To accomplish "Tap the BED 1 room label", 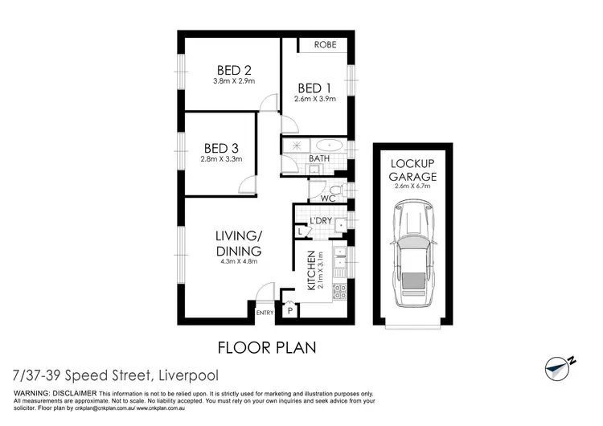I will [314, 87].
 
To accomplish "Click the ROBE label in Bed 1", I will [325, 44].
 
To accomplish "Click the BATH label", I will [320, 160].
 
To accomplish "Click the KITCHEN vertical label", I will [310, 271].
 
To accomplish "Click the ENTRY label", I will [265, 313].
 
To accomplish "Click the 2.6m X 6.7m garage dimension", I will [413, 186].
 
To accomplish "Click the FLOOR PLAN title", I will [267, 348].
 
